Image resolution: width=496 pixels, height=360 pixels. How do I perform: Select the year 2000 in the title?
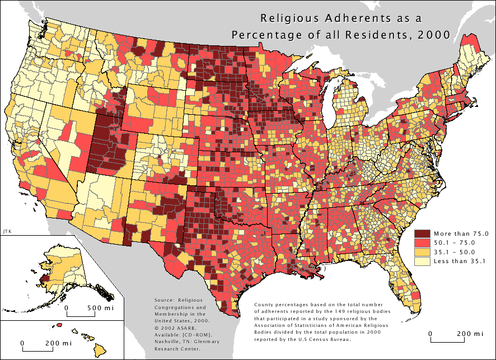point(436,34)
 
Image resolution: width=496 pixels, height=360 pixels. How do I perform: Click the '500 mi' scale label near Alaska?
point(101,308)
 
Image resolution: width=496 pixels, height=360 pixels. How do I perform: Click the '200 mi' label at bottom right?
point(469,334)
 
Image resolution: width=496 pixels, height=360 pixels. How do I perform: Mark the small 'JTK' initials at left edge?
point(7,230)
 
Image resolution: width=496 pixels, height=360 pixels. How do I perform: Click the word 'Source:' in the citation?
point(163,301)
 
